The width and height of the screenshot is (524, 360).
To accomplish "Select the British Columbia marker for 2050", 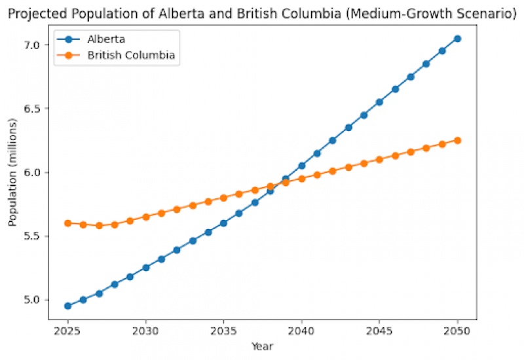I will tap(458, 140).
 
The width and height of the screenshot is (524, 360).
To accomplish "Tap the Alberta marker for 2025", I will tap(67, 306).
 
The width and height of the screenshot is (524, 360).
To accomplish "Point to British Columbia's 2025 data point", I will tap(67, 223).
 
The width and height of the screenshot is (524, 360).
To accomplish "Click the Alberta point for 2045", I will tap(379, 102).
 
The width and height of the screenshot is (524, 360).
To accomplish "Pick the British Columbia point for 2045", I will tap(379, 160).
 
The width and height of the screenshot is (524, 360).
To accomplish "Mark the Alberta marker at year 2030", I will tap(146, 268).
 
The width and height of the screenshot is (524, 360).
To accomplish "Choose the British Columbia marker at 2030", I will tap(146, 217).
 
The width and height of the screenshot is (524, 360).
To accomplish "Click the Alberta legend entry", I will tap(105, 39).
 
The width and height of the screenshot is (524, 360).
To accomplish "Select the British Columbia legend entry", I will tap(131, 56).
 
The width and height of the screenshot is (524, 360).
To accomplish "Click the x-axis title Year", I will tap(263, 346).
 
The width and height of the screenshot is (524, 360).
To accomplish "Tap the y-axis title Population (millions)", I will tap(12, 172).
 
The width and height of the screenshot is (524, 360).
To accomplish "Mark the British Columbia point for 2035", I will tap(223, 198).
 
